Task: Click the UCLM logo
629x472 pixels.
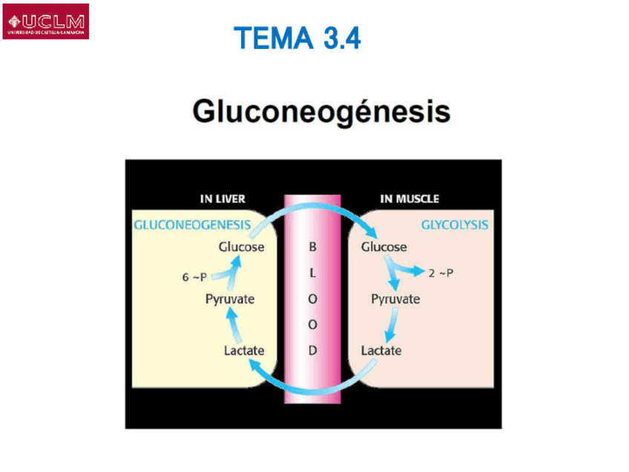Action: click(46, 22)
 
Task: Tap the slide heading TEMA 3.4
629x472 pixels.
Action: click(297, 38)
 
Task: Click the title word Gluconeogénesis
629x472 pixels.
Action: click(321, 112)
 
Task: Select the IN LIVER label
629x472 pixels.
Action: click(223, 199)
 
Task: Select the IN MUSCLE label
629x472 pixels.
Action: click(409, 199)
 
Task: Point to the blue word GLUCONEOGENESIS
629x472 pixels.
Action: click(191, 225)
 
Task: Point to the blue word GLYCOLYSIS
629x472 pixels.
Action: click(455, 224)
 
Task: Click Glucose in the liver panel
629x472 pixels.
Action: click(241, 246)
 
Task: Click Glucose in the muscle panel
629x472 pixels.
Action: click(383, 246)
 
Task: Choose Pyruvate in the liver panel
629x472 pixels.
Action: click(230, 298)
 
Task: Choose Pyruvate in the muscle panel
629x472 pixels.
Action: click(395, 299)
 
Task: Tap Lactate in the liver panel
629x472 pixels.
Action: click(244, 350)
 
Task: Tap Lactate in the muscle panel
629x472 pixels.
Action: click(381, 350)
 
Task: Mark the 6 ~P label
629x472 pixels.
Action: click(194, 278)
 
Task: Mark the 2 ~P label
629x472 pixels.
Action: click(441, 273)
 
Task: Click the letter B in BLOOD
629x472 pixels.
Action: click(312, 246)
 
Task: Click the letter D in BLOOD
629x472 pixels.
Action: click(312, 350)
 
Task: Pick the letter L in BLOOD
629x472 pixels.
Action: click(312, 272)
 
